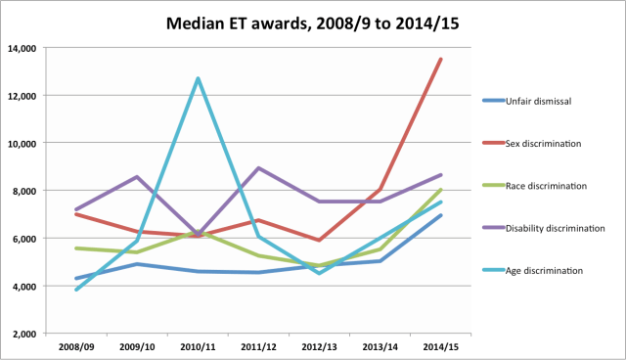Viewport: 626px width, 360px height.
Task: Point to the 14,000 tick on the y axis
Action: [48, 48]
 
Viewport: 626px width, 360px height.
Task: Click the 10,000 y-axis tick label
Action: [48, 143]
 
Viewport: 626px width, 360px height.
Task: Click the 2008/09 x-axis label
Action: [75, 347]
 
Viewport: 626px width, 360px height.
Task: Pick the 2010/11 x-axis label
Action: [198, 347]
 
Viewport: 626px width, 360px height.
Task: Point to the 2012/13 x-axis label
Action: [319, 347]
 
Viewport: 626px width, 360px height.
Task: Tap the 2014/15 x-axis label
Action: [440, 347]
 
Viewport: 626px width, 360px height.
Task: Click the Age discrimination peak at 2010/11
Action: [198, 78]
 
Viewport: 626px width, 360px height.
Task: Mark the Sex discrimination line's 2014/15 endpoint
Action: [440, 60]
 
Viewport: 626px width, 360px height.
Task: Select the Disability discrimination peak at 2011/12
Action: [258, 168]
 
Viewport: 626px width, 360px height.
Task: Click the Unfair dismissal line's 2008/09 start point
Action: [76, 279]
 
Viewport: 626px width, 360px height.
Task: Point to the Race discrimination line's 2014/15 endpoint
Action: [440, 190]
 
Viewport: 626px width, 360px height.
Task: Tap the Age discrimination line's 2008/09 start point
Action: [76, 290]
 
